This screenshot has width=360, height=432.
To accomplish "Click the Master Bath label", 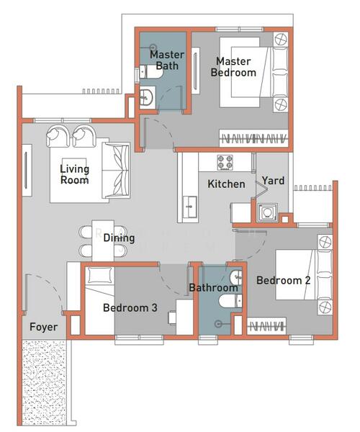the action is point(167,60).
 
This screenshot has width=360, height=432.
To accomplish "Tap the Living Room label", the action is point(75,174).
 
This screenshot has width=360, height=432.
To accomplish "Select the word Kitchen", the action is point(226,184).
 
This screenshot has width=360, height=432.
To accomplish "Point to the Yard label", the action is point(273,181).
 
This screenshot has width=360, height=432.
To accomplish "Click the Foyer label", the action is point(43,327).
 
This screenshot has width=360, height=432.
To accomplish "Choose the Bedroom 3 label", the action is point(130,307).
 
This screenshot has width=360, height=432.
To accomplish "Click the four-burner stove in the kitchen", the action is point(225,163).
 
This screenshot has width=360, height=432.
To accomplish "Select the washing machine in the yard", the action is point(267,212).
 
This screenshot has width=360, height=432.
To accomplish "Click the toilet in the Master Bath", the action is point(151,72).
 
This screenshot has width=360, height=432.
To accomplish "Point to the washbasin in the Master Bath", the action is point(146,96).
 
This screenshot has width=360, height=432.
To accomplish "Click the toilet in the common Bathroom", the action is point(230,300).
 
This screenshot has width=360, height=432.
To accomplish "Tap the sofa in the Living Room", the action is point(116,170).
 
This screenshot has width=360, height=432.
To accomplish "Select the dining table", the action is point(103,240).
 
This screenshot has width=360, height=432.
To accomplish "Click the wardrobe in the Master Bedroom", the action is point(253,138).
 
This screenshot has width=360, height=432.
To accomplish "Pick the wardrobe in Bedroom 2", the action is point(266,326).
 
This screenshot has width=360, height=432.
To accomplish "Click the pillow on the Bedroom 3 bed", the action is point(99,275).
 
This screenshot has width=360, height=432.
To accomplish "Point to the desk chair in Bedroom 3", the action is point(172,318).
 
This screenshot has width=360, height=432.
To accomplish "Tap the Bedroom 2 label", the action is point(284,281).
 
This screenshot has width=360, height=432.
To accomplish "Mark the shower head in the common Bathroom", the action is point(218,324).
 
